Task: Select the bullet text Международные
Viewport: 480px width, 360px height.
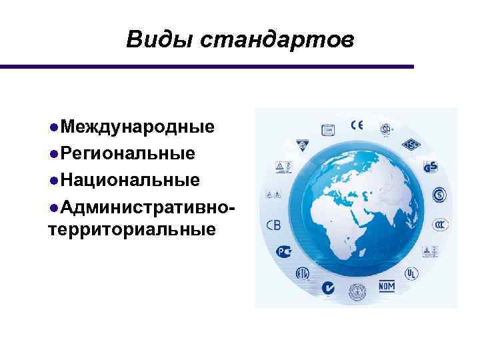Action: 136,127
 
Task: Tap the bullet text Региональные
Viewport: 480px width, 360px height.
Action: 127,154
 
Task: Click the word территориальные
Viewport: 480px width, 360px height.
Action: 132,230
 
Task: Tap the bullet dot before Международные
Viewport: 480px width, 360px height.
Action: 53,127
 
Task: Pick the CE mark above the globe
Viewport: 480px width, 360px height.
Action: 357,125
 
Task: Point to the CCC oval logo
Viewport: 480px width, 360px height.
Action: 440,224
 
